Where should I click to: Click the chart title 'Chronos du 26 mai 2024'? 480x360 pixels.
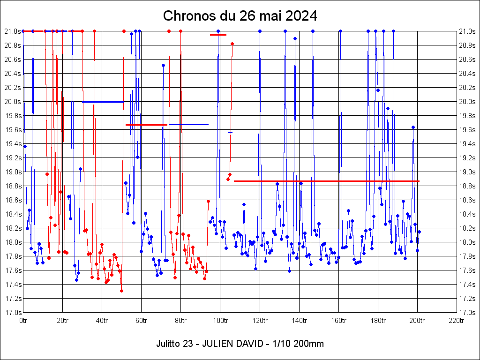240,16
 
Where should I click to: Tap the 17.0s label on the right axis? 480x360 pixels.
467,313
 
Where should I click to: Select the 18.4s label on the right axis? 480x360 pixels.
467,214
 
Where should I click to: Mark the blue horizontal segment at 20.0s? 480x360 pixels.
103,102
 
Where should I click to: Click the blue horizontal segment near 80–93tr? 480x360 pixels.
188,124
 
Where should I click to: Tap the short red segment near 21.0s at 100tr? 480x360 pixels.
218,35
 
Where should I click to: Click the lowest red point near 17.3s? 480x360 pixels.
121,291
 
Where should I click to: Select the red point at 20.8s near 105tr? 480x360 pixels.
232,44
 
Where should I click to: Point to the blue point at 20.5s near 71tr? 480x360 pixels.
163,65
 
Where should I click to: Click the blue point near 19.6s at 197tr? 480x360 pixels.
413,127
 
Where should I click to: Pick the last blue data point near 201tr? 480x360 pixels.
419,232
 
